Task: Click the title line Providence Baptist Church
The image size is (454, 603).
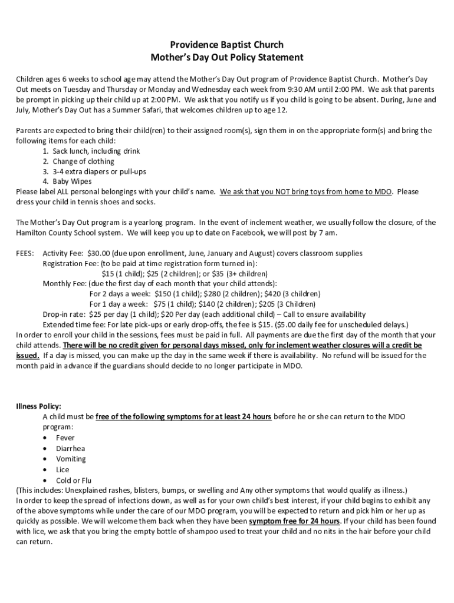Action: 227,45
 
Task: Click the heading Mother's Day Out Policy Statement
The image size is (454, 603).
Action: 227,58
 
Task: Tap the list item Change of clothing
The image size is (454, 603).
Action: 83,161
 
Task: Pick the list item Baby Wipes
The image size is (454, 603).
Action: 73,181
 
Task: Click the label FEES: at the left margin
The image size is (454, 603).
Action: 25,253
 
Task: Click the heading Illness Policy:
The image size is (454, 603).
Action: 38,406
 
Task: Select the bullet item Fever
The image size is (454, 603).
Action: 65,438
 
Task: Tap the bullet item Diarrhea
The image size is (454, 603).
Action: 71,448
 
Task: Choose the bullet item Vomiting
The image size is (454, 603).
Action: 71,459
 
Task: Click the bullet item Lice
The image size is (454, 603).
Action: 62,470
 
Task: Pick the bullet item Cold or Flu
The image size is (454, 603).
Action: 74,481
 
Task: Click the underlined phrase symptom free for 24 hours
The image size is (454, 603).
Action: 294,522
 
